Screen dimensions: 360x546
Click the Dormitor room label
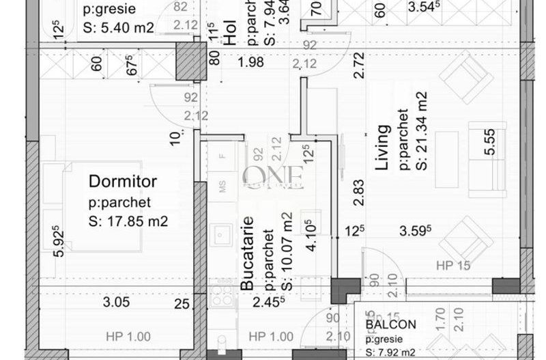(123, 182)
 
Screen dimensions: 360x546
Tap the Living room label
(384, 148)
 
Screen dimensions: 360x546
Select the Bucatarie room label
(249, 252)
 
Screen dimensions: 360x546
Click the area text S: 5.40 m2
(117, 27)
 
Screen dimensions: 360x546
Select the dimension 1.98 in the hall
(250, 64)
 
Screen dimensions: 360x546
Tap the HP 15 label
(455, 266)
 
